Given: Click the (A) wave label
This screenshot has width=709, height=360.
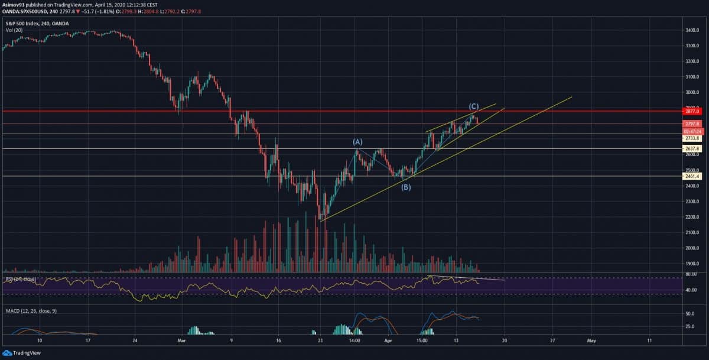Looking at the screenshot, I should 357,142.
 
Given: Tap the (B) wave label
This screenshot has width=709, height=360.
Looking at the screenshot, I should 406,187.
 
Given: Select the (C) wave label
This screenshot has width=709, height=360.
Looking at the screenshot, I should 474,106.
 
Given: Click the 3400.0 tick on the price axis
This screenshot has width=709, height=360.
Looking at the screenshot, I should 692,30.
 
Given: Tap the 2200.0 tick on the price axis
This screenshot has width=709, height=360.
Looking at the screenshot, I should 692,217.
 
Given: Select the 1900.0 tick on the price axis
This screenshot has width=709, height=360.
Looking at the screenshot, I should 692,264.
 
